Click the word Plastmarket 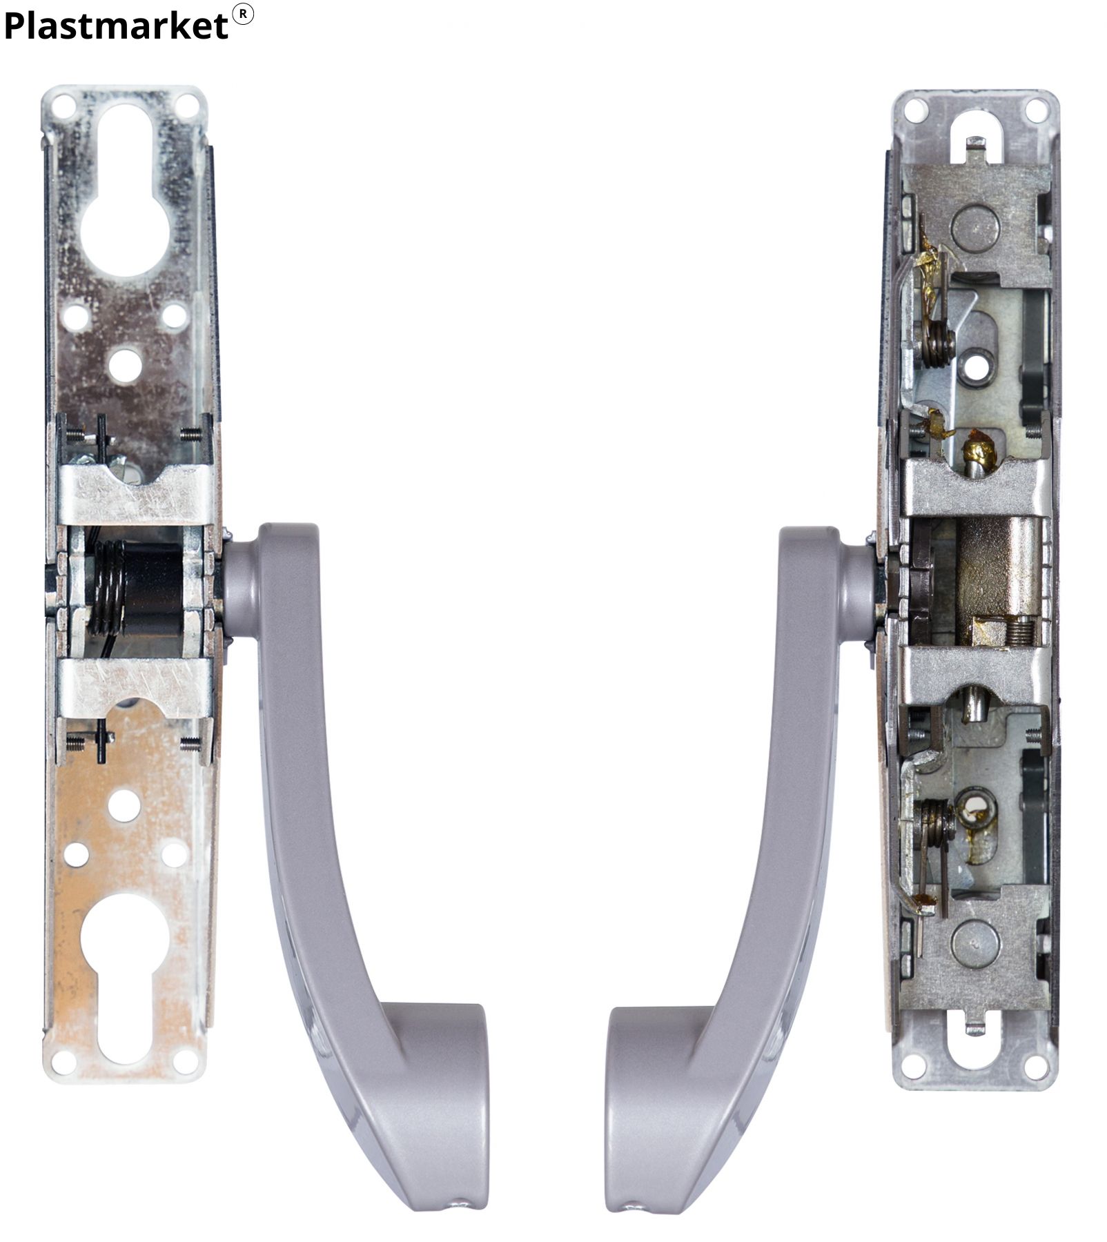pyautogui.click(x=115, y=26)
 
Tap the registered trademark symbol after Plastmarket pyautogui.click(x=243, y=14)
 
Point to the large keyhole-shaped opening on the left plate pyautogui.click(x=125, y=190)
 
